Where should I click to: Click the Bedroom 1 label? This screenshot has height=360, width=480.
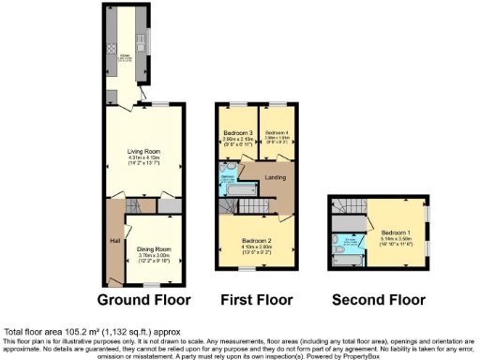[395, 232]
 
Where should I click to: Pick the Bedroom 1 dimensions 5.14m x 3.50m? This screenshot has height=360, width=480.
[395, 238]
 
